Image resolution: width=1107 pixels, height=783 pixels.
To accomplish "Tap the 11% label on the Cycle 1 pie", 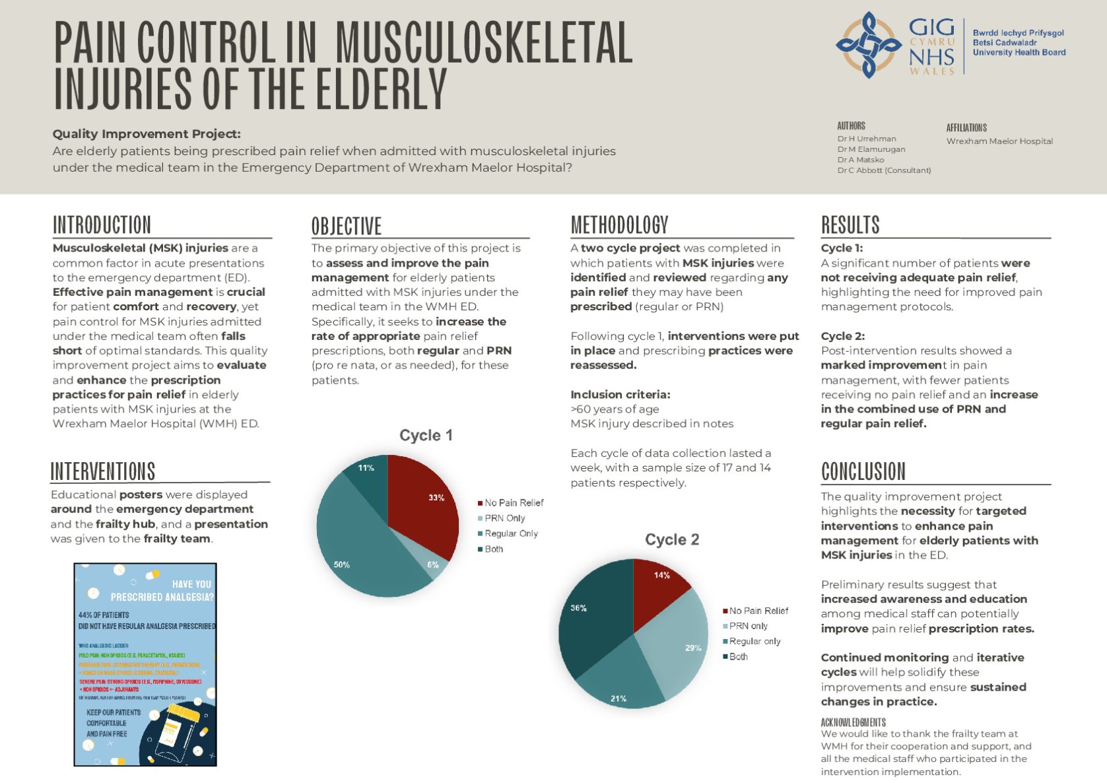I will [x=366, y=468].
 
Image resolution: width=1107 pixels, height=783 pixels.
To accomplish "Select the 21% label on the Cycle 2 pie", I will [x=619, y=698].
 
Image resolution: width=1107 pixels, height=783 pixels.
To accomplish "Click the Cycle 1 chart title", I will [x=426, y=435].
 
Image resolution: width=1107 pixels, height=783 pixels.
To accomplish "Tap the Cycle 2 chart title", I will [x=671, y=539].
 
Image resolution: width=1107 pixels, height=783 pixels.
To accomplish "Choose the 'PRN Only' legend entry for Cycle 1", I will [x=504, y=518].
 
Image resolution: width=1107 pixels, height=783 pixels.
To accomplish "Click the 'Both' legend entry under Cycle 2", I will [x=738, y=657].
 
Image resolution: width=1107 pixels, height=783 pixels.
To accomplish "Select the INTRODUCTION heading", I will [x=102, y=225].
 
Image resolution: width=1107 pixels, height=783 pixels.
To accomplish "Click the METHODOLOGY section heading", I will [x=619, y=225].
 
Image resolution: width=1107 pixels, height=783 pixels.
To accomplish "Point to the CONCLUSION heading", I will [x=863, y=471].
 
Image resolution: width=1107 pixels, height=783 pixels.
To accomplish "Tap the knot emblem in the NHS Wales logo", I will [x=868, y=45].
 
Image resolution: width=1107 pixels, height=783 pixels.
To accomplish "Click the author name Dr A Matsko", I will [x=860, y=160].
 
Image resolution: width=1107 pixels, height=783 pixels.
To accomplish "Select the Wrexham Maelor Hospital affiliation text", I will [x=999, y=141].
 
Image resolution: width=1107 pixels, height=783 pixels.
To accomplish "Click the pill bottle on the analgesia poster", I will [x=172, y=730].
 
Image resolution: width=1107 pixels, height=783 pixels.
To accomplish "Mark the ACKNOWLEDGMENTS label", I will [x=853, y=722].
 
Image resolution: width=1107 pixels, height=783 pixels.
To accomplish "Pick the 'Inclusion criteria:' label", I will [x=620, y=395].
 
